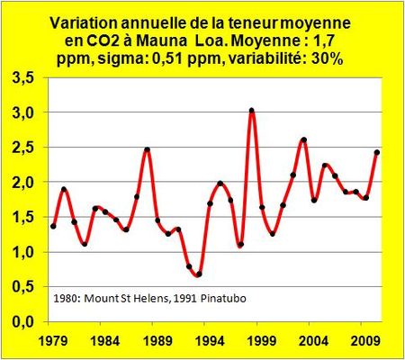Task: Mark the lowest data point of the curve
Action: point(198,274)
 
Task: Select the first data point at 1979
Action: point(53,226)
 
